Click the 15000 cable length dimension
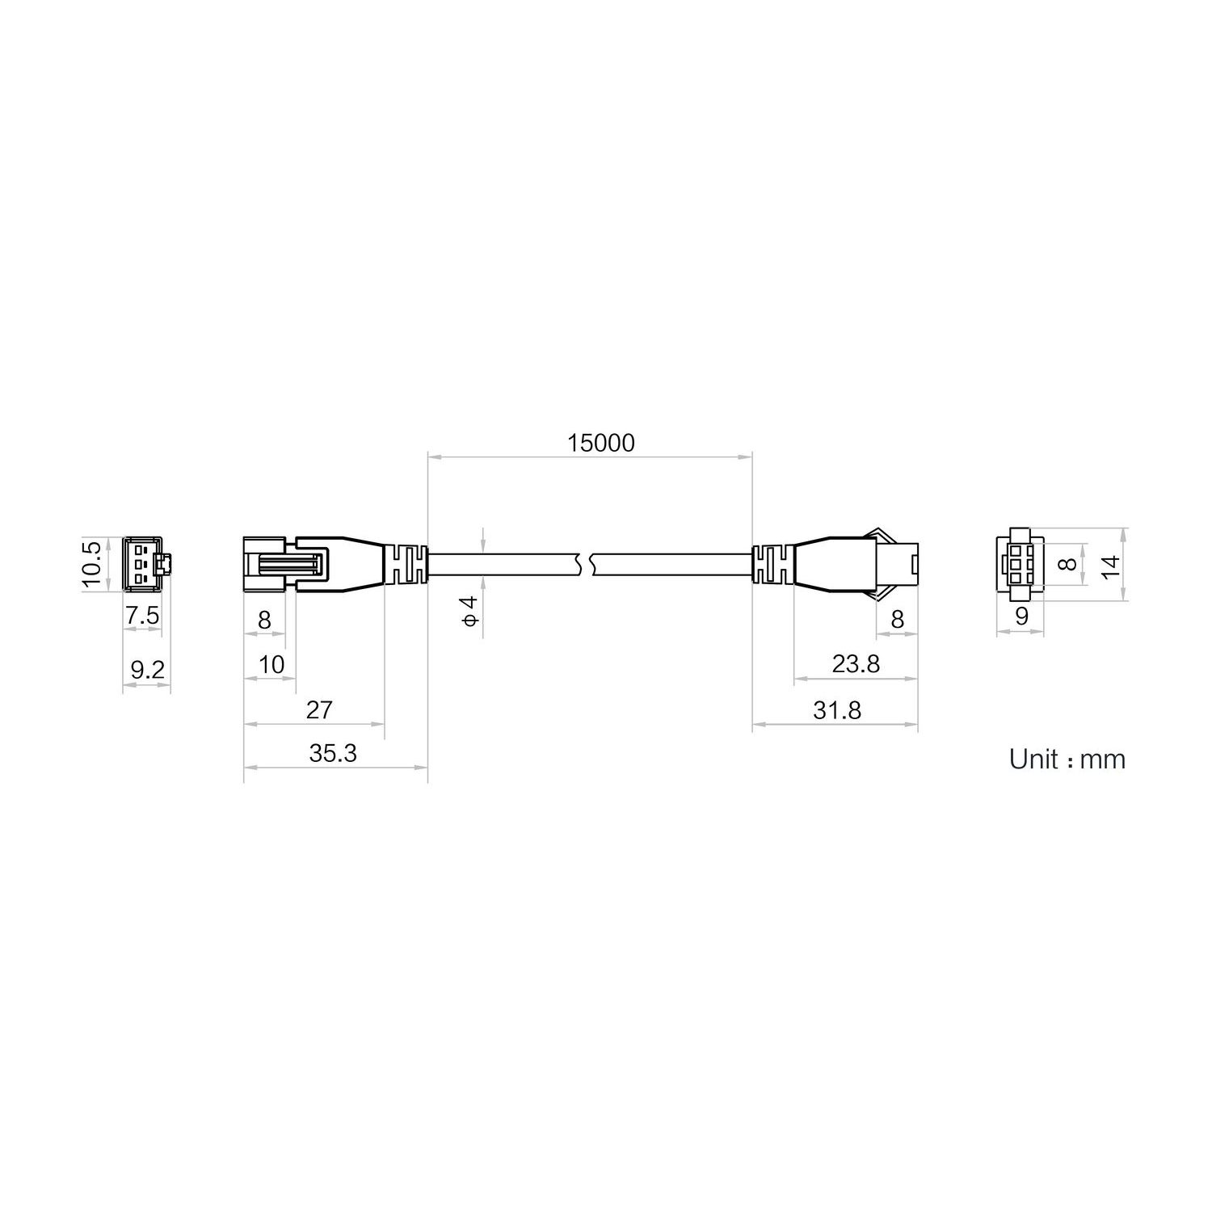(600, 443)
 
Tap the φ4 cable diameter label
(469, 608)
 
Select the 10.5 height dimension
(93, 564)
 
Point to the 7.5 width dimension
(142, 617)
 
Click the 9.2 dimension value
(146, 669)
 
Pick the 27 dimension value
(319, 709)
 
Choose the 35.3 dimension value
(333, 753)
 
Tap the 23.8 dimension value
(856, 663)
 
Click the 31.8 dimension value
(837, 709)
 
